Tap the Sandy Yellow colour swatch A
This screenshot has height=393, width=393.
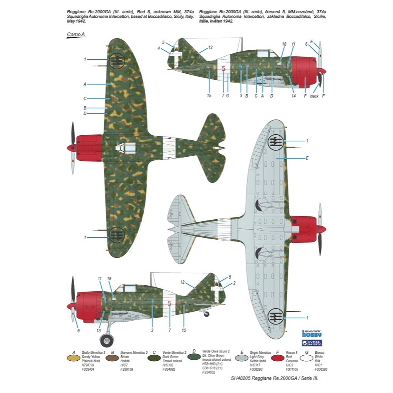72,358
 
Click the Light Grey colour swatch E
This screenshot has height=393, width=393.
244,358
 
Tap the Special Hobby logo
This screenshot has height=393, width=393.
312,334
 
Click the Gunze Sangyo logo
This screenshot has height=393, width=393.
312,343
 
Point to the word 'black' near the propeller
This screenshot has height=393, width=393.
314,96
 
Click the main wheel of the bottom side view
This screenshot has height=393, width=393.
107,340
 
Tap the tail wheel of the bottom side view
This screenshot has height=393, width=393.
207,314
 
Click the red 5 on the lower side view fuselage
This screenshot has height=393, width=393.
169,303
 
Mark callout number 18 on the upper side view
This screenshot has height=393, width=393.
284,44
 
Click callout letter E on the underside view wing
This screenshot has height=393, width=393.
307,158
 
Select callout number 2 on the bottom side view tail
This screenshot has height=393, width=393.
235,283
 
